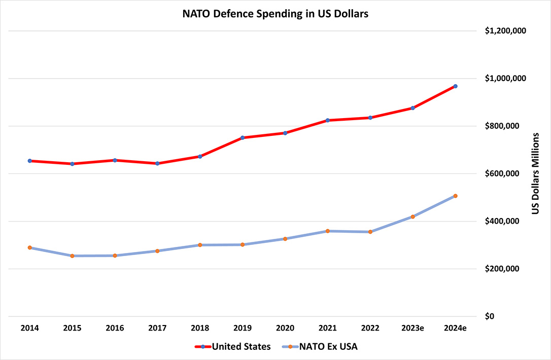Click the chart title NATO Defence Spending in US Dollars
275,14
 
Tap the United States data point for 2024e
456,86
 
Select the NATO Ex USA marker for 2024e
456,196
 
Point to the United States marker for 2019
243,137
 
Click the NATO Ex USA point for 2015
72,256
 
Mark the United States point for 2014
30,161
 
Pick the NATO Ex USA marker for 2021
328,231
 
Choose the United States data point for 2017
157,163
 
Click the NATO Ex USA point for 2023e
413,217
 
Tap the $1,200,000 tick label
505,31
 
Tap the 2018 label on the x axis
200,329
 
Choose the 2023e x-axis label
413,329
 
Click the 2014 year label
30,329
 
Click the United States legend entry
233,347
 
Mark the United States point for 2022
370,118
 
